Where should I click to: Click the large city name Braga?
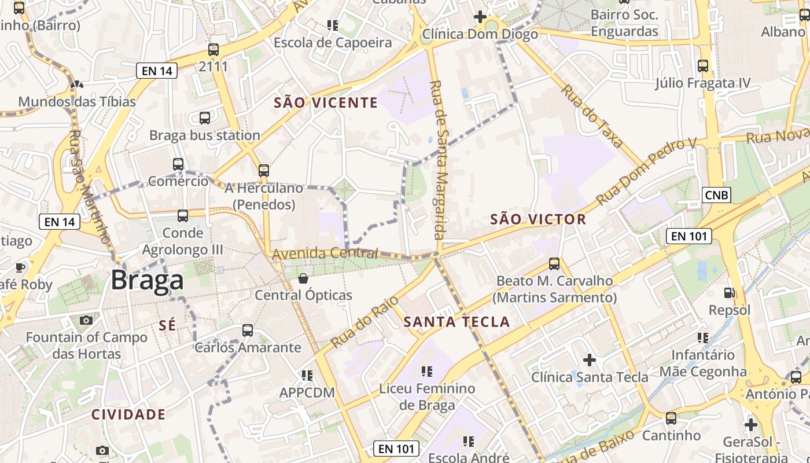[x=147, y=280]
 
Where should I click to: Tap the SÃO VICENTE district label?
[x=325, y=103]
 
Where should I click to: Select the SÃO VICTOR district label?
[x=538, y=219]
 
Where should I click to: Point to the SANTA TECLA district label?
[x=456, y=322]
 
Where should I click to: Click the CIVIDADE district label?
[x=128, y=414]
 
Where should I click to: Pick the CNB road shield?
[x=716, y=195]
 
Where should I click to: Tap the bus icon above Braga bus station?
[x=205, y=118]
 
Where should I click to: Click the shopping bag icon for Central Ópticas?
[x=303, y=279]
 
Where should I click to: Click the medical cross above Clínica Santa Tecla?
[x=590, y=361]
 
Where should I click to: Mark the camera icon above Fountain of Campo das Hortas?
[x=86, y=320]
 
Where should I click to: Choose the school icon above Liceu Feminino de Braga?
[x=427, y=372]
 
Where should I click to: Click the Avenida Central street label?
[x=325, y=253]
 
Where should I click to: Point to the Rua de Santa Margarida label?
[x=439, y=159]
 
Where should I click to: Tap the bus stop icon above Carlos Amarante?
[x=248, y=330]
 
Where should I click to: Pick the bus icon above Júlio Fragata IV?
[x=703, y=66]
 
